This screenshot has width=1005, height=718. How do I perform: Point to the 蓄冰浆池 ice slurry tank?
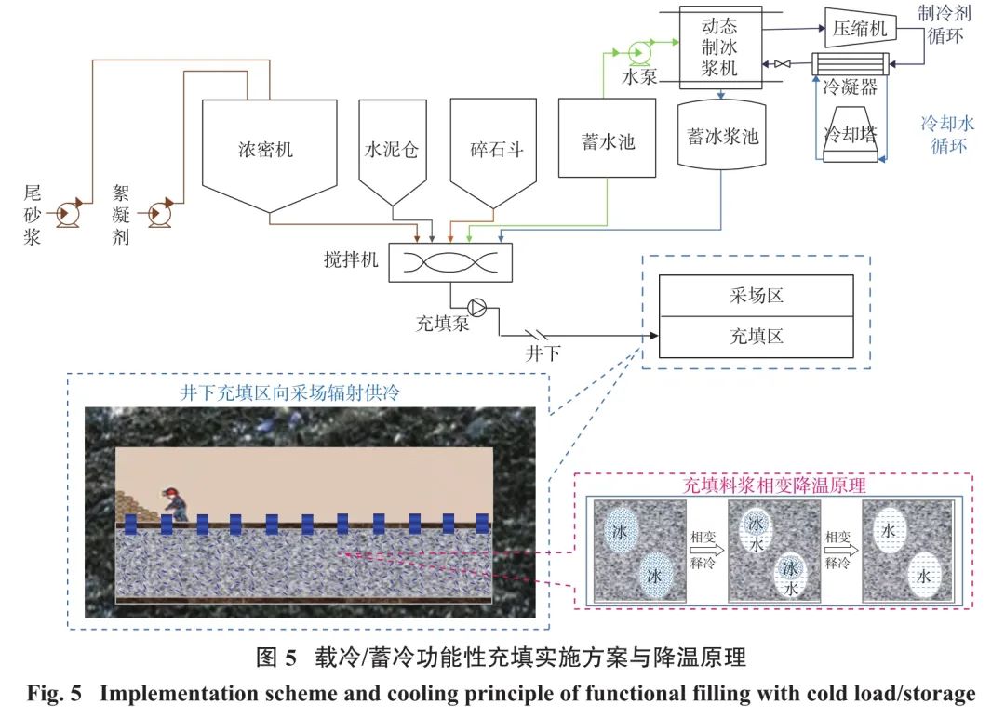pyautogui.click(x=723, y=138)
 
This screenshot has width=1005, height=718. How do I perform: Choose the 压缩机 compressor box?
pyautogui.click(x=860, y=28)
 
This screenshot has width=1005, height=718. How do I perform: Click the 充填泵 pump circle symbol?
pyautogui.click(x=477, y=304)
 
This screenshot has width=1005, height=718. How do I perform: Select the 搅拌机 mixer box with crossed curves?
pyautogui.click(x=451, y=262)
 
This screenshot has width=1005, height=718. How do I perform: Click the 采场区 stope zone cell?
pyautogui.click(x=756, y=296)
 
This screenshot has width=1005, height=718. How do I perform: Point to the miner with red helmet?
pyautogui.click(x=174, y=503)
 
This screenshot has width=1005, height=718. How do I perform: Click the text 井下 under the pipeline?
pyautogui.click(x=546, y=352)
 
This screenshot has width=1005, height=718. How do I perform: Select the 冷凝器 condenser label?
pyautogui.click(x=850, y=88)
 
